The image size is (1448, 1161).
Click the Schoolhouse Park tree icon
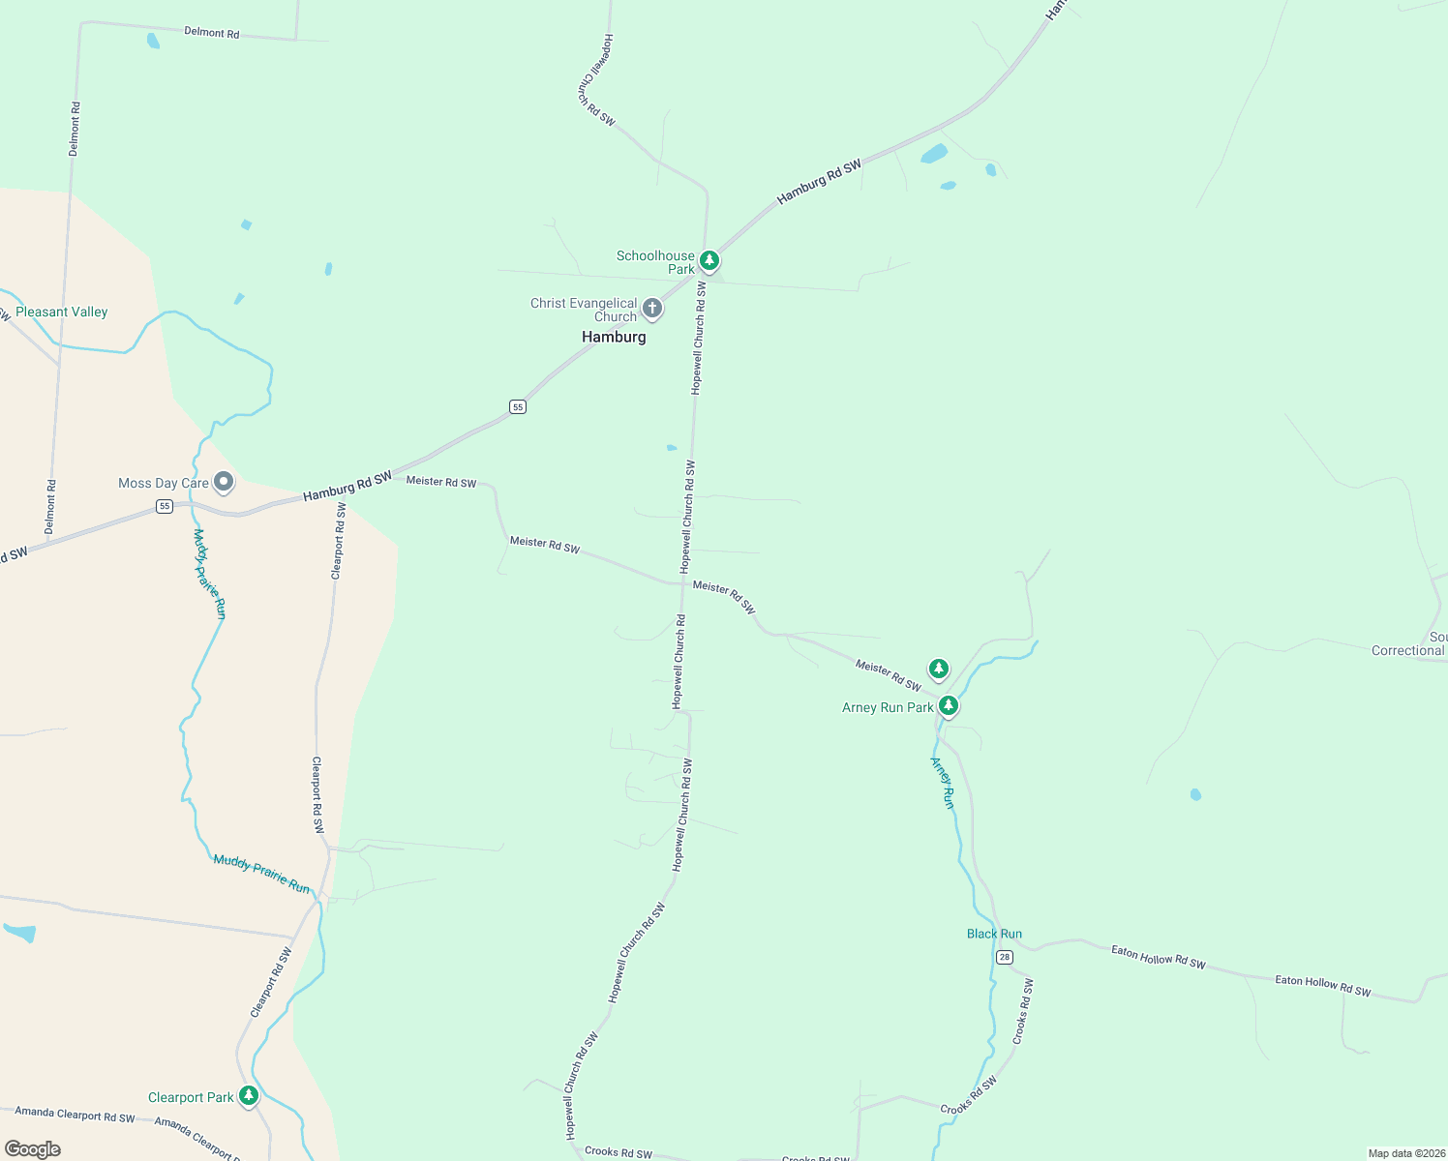coord(709,260)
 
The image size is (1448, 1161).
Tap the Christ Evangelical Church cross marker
coord(652,309)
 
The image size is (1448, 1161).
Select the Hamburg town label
coord(614,337)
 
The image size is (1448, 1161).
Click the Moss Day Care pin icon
coord(224,481)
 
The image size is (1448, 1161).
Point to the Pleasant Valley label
coord(62,312)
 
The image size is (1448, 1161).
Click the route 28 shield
coord(1005,957)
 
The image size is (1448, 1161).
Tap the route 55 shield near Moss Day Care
coord(165,506)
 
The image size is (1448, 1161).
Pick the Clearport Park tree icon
coord(249,1095)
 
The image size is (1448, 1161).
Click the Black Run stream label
coord(994,934)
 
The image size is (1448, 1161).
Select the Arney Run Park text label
coord(888,707)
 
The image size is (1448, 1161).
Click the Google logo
coord(33,1148)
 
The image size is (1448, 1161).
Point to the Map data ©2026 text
coord(1405,1153)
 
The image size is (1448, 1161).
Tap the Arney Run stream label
coord(943,783)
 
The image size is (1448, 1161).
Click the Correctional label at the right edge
coord(1408,650)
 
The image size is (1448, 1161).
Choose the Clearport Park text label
coord(191,1097)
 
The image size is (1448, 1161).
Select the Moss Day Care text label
coord(164,483)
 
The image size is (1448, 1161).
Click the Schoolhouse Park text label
coord(656,262)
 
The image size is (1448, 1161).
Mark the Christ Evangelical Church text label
coord(584,310)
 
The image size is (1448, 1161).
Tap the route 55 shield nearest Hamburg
coord(518,406)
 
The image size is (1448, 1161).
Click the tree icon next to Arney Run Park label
coord(949,706)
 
